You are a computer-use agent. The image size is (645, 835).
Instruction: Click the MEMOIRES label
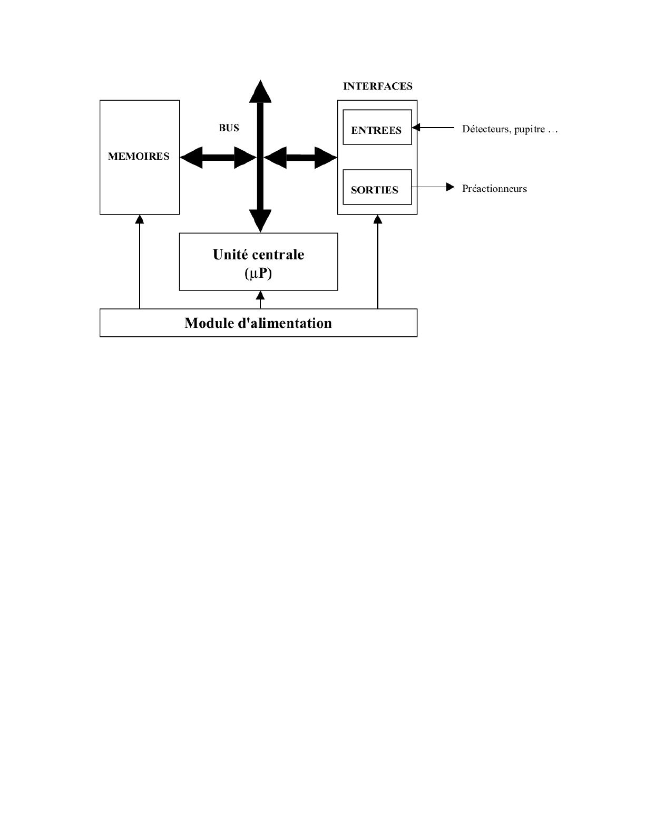[x=139, y=157]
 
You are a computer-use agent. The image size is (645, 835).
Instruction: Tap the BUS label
[x=229, y=128]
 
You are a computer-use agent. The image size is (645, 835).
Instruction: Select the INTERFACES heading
[x=377, y=86]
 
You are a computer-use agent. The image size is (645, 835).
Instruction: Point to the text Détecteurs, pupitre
[x=509, y=129]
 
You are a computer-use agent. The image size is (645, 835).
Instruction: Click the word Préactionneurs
[x=494, y=189]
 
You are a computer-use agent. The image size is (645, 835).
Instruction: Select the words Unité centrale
[x=258, y=255]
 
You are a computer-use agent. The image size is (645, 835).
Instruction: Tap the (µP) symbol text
[x=258, y=273]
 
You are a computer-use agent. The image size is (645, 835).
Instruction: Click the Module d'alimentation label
[x=258, y=323]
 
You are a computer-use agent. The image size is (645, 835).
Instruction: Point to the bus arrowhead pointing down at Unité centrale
[x=260, y=220]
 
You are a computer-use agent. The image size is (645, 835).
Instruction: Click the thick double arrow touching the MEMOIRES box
[x=218, y=157]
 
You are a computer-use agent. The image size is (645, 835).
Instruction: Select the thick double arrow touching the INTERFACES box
[x=300, y=157]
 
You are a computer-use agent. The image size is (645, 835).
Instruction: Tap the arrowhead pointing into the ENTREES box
[x=416, y=127]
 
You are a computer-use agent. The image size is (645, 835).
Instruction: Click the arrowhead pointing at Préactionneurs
[x=450, y=187]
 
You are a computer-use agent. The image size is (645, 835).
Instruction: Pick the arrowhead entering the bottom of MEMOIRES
[x=140, y=219]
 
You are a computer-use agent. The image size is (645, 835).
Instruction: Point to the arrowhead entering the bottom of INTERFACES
[x=377, y=219]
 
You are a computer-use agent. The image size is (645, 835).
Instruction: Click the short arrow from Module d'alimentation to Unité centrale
[x=260, y=299]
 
